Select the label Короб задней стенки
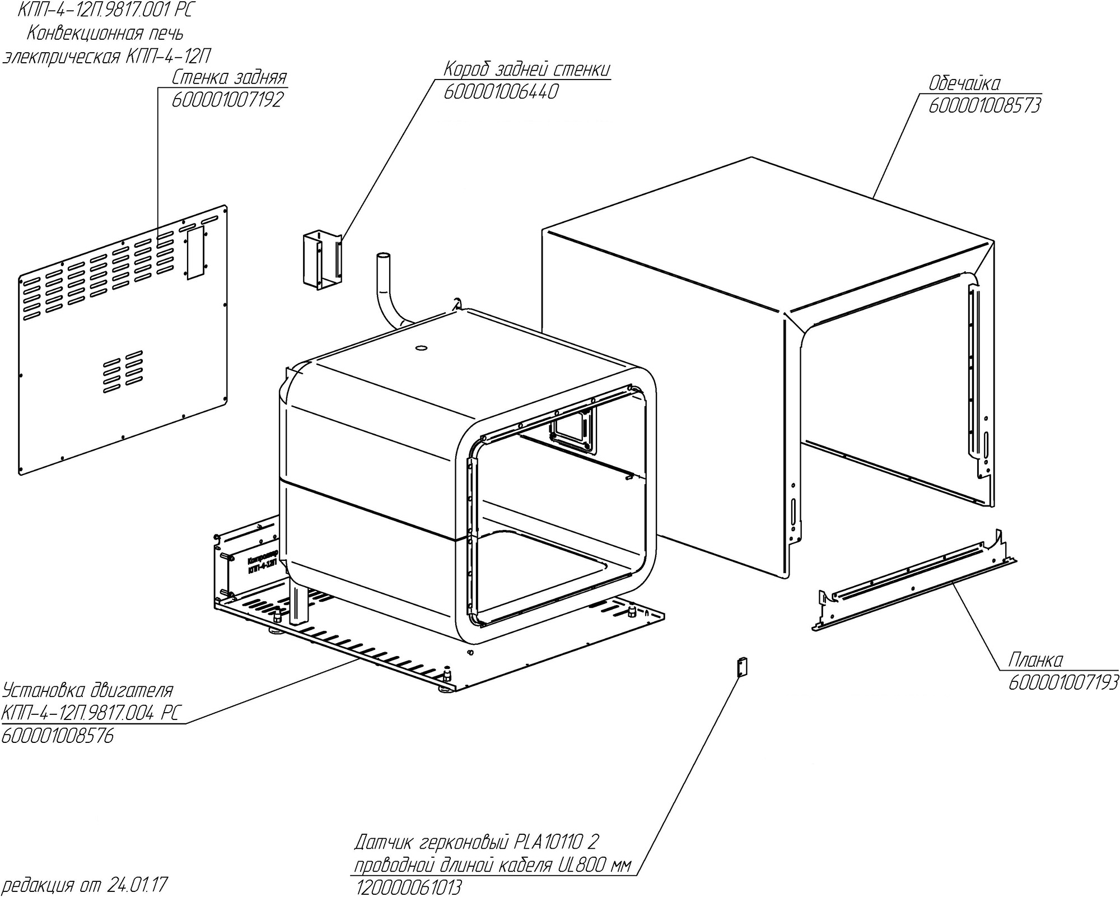526,69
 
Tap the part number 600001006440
501,92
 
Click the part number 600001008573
984,105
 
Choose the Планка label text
1035,660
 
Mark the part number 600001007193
1063,682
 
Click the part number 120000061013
408,887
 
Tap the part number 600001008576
58,736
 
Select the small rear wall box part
321,260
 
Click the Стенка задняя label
230,77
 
